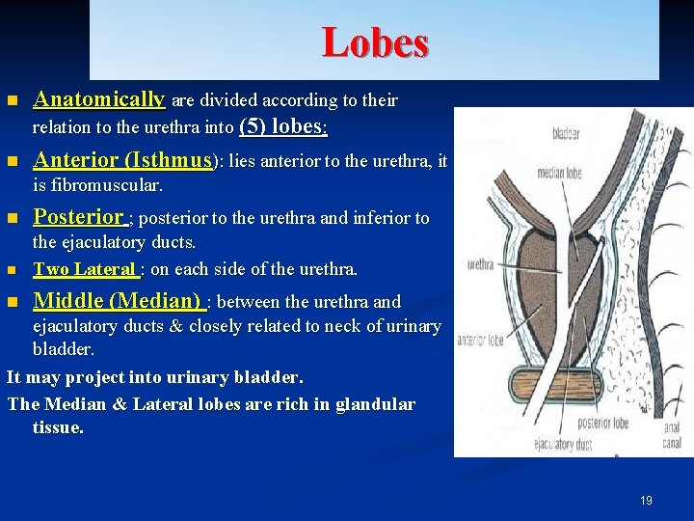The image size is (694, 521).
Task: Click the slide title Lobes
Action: tap(375, 42)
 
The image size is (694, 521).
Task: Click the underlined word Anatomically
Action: tap(99, 99)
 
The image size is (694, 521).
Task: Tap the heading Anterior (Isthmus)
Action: tap(122, 160)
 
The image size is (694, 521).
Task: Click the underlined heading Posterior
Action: tap(79, 217)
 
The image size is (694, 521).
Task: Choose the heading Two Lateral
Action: tap(86, 269)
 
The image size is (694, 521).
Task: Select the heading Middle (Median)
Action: tap(117, 301)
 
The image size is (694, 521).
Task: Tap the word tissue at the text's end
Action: tap(58, 427)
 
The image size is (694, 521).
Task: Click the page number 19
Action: tap(646, 500)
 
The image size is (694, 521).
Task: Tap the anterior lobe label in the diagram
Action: tap(480, 339)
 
